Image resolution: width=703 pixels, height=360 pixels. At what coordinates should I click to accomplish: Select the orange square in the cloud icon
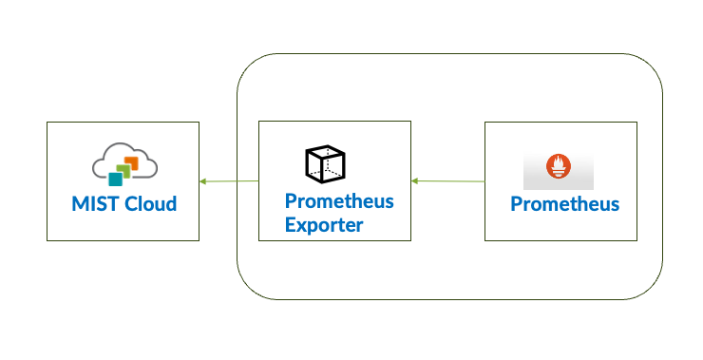coord(131,163)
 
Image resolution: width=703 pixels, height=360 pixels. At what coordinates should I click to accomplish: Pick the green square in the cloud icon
coord(123,170)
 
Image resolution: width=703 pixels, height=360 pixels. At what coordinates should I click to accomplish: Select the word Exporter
coord(324,225)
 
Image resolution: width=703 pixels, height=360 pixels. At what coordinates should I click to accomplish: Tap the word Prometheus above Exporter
coord(339,202)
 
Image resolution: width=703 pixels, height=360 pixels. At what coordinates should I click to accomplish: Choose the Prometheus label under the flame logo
coord(565,204)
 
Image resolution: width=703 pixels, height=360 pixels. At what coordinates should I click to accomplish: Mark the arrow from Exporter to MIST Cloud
coord(229,180)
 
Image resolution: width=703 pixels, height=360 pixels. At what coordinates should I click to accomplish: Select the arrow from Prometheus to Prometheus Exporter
coord(447,180)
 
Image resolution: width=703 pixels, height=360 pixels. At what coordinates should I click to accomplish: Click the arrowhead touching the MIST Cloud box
coord(203,180)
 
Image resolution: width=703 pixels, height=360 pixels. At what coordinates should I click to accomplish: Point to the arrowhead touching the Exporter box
coord(415,180)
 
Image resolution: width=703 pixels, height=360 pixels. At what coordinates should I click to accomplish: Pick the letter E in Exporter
coord(291,225)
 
